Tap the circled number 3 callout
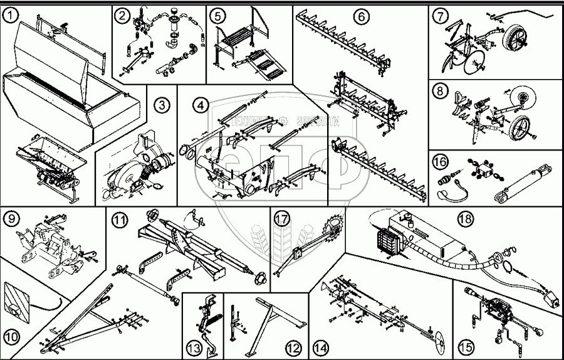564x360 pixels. pyautogui.click(x=162, y=105)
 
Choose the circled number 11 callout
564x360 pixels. pyautogui.click(x=119, y=220)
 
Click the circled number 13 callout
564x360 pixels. pyautogui.click(x=194, y=347)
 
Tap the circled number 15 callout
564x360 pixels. pyautogui.click(x=466, y=346)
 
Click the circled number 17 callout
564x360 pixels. pyautogui.click(x=281, y=219)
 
